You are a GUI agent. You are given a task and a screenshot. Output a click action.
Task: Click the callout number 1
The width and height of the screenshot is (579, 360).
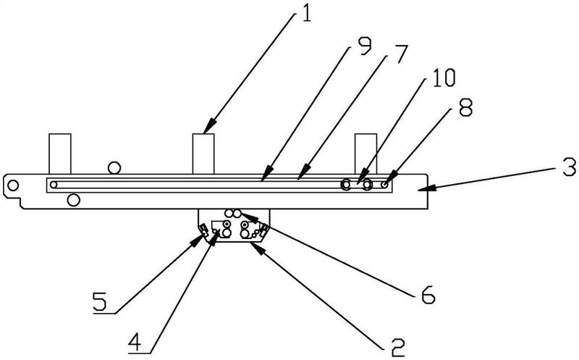coord(306,12)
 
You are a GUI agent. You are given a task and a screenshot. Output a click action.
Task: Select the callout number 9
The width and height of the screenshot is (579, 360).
coord(365,46)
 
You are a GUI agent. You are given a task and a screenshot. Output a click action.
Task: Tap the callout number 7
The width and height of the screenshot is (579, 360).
coord(400,54)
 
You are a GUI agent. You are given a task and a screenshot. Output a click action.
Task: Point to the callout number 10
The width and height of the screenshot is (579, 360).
coord(444,78)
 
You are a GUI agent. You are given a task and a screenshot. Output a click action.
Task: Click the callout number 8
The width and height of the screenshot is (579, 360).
coord(465,108)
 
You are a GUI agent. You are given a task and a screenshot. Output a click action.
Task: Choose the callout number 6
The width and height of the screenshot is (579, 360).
coord(428,295)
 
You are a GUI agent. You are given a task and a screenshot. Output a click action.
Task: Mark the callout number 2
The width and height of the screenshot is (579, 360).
coord(397,347)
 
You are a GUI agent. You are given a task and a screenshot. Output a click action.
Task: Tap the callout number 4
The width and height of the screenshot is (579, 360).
coord(135,340)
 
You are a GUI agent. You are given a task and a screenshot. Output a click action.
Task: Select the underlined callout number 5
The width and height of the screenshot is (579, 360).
coord(100,301)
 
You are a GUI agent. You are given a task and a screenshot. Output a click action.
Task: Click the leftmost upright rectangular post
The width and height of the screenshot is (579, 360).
coord(60,154)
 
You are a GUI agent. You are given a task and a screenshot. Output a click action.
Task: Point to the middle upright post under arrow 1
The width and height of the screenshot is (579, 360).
coord(203,154)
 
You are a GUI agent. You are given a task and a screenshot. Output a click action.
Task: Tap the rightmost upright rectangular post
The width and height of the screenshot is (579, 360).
coord(366,154)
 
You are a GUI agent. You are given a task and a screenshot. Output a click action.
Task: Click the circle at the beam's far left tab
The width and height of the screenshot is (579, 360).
coord(13,185)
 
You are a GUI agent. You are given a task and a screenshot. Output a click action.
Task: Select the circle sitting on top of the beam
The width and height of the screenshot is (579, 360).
coord(114,168)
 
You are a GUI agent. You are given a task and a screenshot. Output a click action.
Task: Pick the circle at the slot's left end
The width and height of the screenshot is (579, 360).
coord(54,185)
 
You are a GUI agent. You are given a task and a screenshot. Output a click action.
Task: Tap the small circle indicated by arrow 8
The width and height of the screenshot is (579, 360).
coord(385,185)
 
